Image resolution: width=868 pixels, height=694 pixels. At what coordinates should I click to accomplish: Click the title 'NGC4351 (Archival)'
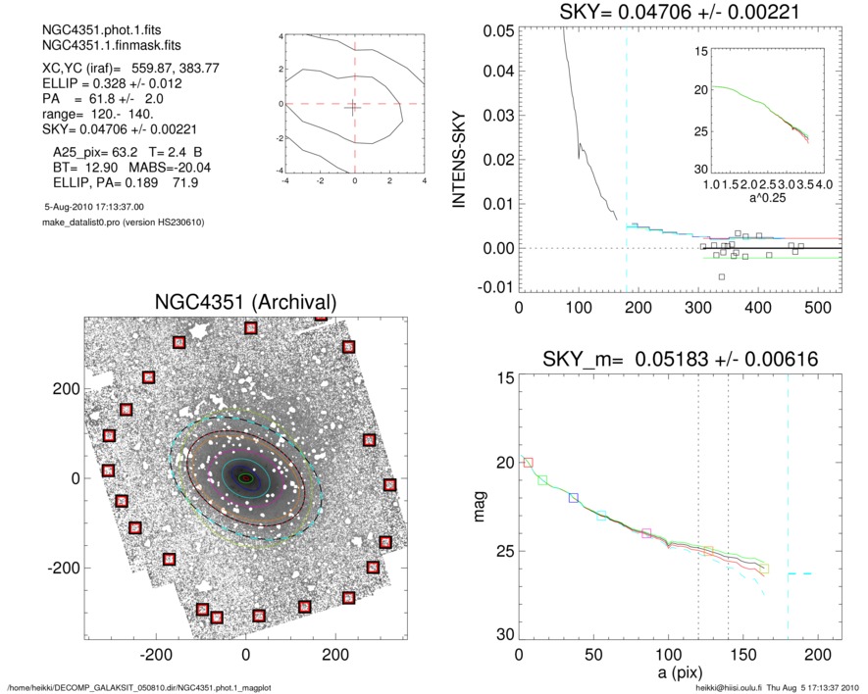click(245, 303)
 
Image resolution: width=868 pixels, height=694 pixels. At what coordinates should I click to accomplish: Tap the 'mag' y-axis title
click(481, 507)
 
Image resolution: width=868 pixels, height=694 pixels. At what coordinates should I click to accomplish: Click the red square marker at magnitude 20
click(528, 462)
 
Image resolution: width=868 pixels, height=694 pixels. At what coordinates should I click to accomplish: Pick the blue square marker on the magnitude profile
click(574, 498)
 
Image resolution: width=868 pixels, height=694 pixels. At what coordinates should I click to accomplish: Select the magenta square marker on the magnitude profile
click(646, 533)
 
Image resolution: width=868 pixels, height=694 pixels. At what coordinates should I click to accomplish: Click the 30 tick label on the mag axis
click(502, 635)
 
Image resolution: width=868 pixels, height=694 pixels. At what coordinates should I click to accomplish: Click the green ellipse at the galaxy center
click(246, 478)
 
